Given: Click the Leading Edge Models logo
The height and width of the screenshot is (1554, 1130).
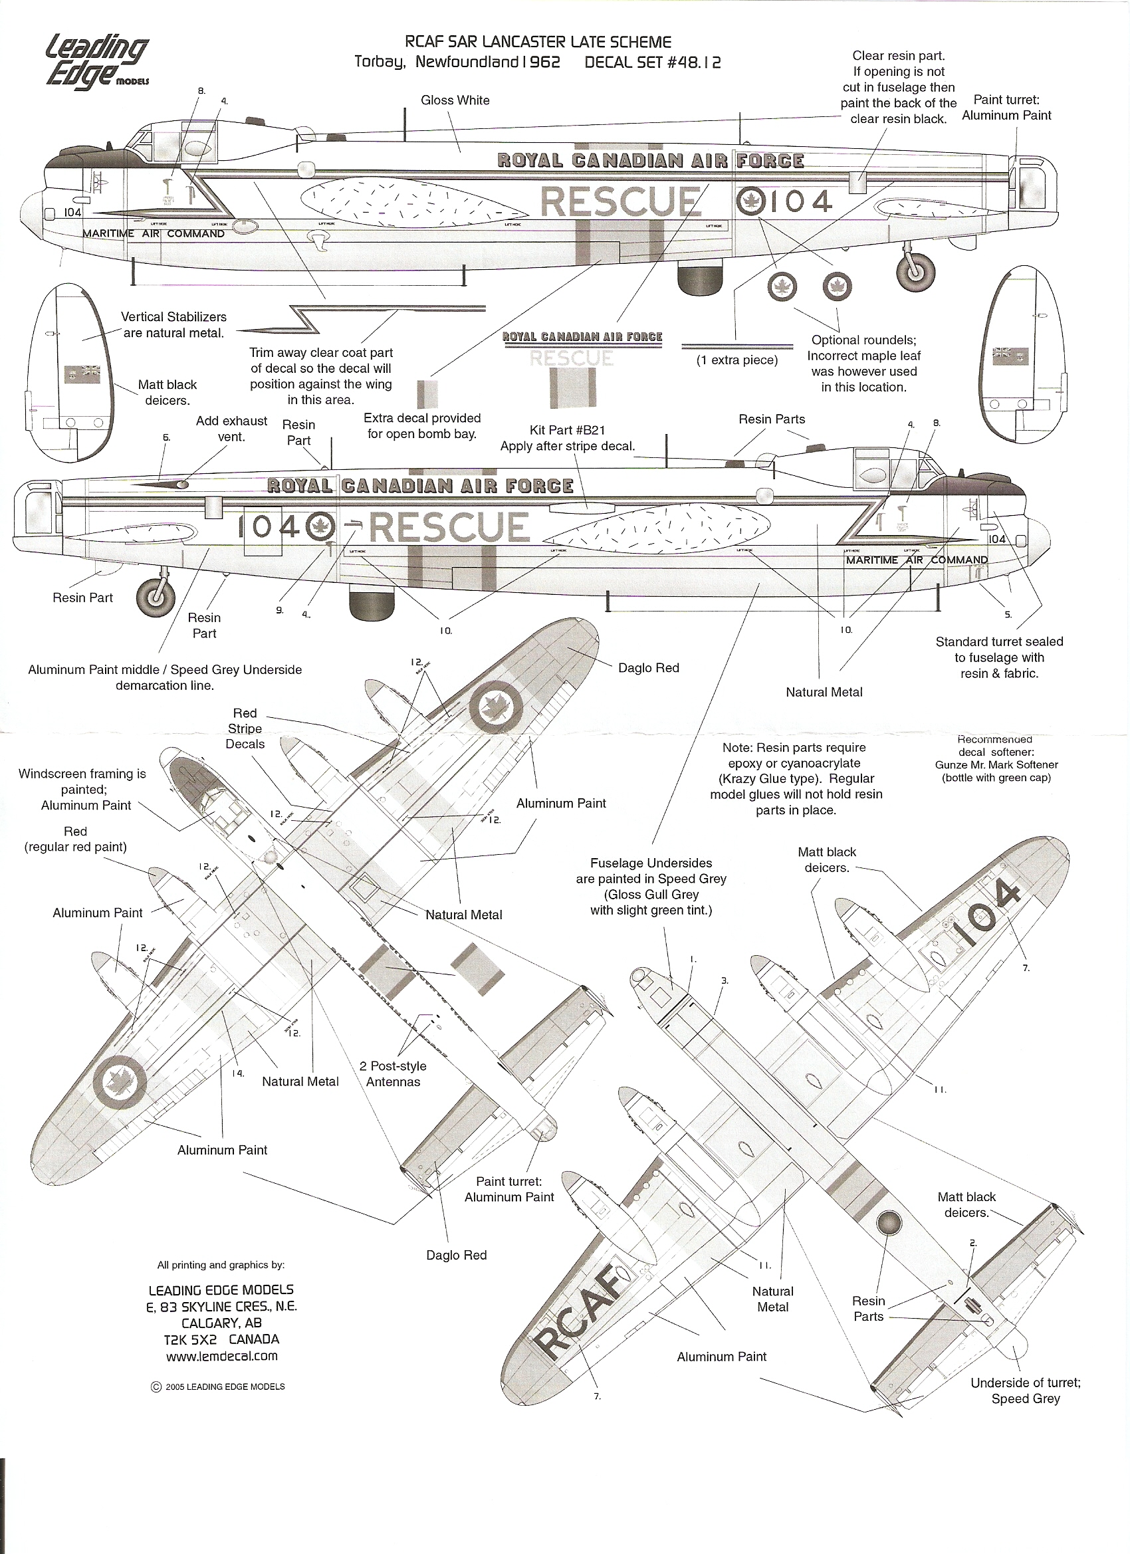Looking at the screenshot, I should point(96,62).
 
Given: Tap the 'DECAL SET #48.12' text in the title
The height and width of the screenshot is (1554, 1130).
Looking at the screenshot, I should point(652,62).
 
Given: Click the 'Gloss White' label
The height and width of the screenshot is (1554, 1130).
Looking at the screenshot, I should point(455,100).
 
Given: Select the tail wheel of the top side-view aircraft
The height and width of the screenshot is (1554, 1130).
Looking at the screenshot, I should point(915,269).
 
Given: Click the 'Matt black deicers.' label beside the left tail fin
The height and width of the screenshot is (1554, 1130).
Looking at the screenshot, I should point(168,393).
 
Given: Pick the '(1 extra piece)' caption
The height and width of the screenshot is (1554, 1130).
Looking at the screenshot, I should point(736,360).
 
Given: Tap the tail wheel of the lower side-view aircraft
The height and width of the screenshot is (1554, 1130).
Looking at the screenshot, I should point(156,596).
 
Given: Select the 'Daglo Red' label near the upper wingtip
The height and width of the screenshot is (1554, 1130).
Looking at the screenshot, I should point(648,668).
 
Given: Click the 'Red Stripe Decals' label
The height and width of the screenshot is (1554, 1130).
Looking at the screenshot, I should point(245,728).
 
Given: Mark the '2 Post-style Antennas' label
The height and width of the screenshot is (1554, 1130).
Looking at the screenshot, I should point(393,1073).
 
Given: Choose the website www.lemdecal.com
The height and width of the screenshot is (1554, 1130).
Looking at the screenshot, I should point(221,1356).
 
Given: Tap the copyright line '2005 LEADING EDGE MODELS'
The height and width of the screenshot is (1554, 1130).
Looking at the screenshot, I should point(218,1386).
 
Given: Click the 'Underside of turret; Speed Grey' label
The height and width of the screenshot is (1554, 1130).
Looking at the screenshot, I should point(1025,1390).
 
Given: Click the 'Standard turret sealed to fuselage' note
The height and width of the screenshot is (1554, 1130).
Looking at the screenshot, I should point(999,657).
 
